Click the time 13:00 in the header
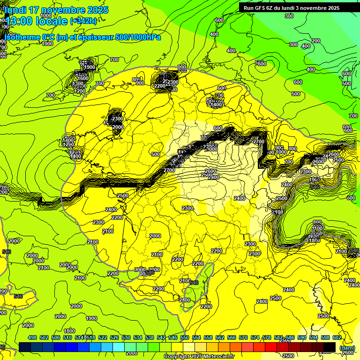tap(20, 21)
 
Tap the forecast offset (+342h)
tap(83, 21)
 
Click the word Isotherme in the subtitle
tap(22, 37)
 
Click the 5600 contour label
tap(261, 63)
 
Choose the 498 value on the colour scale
tap(32, 337)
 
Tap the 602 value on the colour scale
tap(337, 337)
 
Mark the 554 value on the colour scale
tap(196, 337)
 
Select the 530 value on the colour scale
tap(126, 337)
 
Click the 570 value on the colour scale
tap(243, 337)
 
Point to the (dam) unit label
tap(347, 348)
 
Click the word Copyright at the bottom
tap(176, 357)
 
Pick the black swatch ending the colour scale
tap(330, 346)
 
